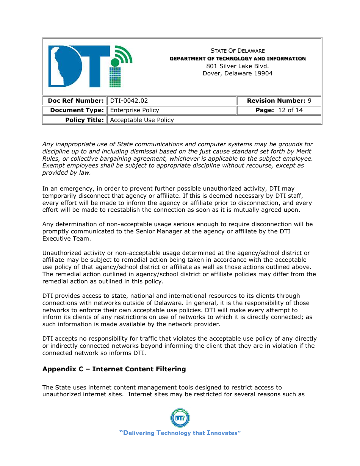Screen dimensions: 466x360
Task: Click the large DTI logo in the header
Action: (x=89, y=66)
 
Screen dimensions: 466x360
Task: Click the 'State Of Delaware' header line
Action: (x=238, y=51)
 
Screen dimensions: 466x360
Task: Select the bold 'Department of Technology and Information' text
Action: (x=238, y=58)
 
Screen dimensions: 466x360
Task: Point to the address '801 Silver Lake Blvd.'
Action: (x=238, y=66)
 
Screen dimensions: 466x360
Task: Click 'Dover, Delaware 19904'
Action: (x=238, y=73)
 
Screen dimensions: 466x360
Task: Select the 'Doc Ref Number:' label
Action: (x=76, y=101)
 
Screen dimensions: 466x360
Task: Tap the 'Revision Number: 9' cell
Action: (x=279, y=101)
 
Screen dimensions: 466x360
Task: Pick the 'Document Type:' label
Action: (x=77, y=110)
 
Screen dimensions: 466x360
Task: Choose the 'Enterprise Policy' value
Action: (x=135, y=110)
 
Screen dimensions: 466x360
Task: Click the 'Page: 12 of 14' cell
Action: (x=279, y=110)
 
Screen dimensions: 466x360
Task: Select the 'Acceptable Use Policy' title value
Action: (x=142, y=120)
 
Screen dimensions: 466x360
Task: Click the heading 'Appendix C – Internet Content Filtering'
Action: (x=114, y=369)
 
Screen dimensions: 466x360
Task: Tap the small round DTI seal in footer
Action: (x=180, y=418)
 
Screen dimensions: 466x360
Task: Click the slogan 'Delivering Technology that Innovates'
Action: (x=180, y=433)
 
